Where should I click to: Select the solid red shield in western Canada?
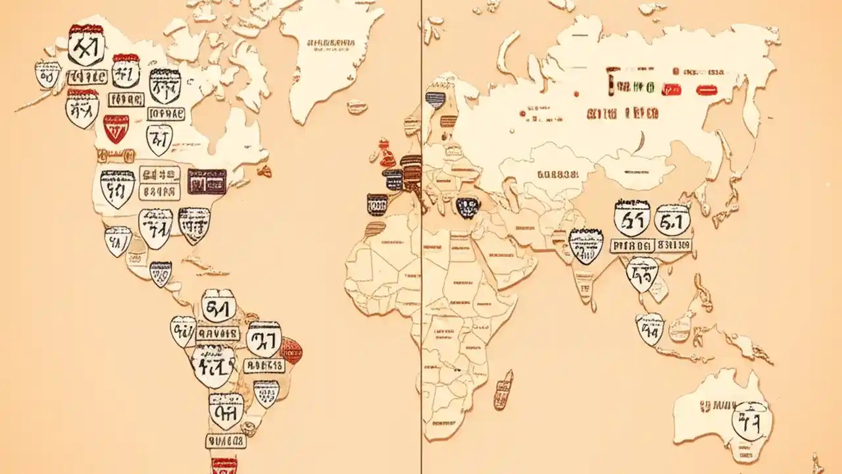point(116,129)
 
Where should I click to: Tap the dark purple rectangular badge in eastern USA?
point(207,181)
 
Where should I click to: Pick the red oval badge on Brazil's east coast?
point(291,350)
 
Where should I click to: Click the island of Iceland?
point(357,106)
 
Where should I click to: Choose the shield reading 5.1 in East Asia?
point(672,220)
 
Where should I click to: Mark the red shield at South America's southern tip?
point(224,465)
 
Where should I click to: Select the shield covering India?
point(585,245)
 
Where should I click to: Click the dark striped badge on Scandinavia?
point(435,100)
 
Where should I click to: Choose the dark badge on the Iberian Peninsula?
point(377,205)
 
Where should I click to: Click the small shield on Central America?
point(161,273)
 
